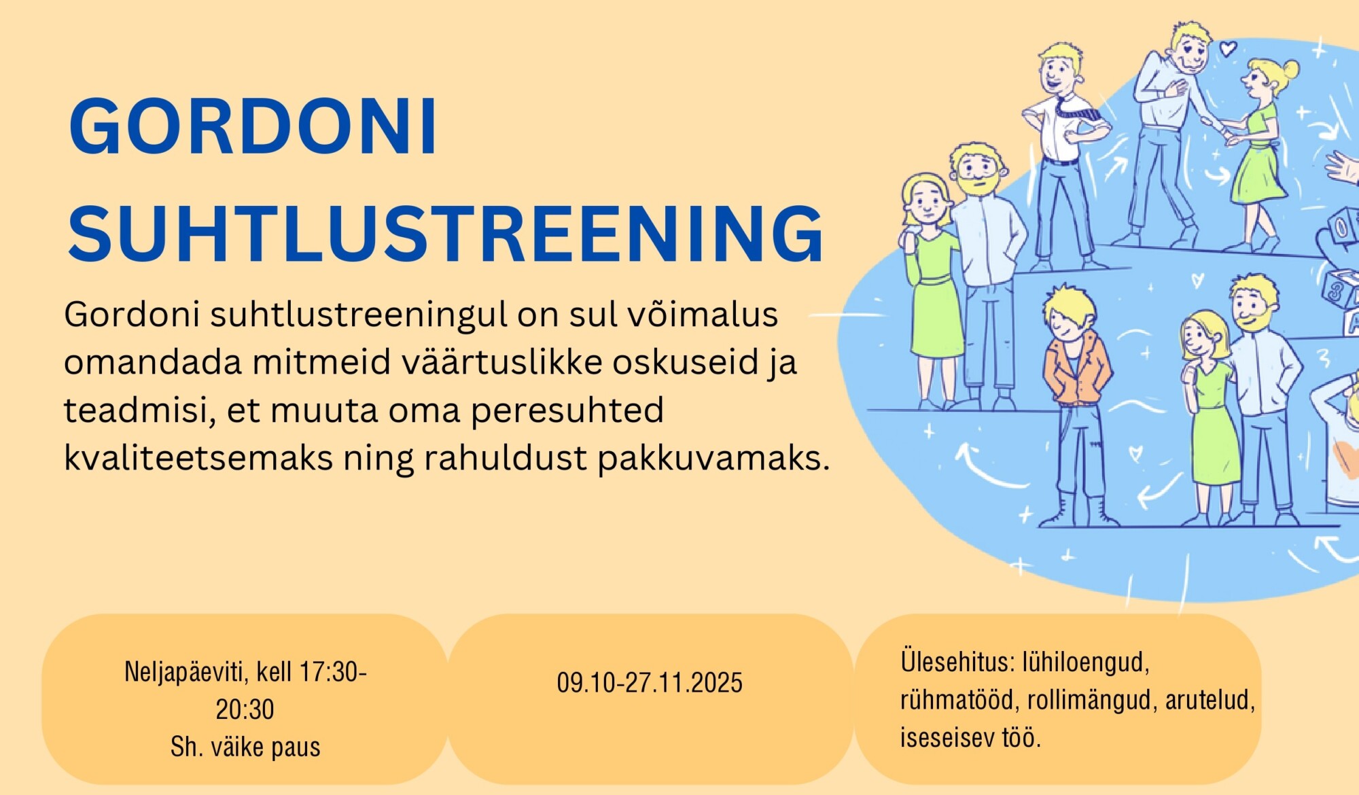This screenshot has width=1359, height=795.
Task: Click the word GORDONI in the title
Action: tap(253, 127)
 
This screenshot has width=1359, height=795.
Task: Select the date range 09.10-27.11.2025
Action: tap(650, 683)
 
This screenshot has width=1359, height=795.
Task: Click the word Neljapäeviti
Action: tap(186, 673)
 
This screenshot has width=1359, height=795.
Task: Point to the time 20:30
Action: tap(245, 709)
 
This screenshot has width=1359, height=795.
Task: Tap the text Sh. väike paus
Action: tap(245, 747)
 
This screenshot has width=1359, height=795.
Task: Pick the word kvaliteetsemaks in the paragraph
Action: tap(198, 457)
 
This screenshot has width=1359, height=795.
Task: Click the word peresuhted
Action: tap(567, 411)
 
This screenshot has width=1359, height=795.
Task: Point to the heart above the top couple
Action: tap(1227, 48)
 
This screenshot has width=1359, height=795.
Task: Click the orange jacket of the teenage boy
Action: tap(1077, 370)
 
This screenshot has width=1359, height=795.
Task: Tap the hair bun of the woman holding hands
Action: tap(1290, 69)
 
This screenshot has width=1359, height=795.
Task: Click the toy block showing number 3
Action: tap(1337, 289)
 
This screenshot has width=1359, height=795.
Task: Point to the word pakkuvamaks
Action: tap(713, 459)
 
